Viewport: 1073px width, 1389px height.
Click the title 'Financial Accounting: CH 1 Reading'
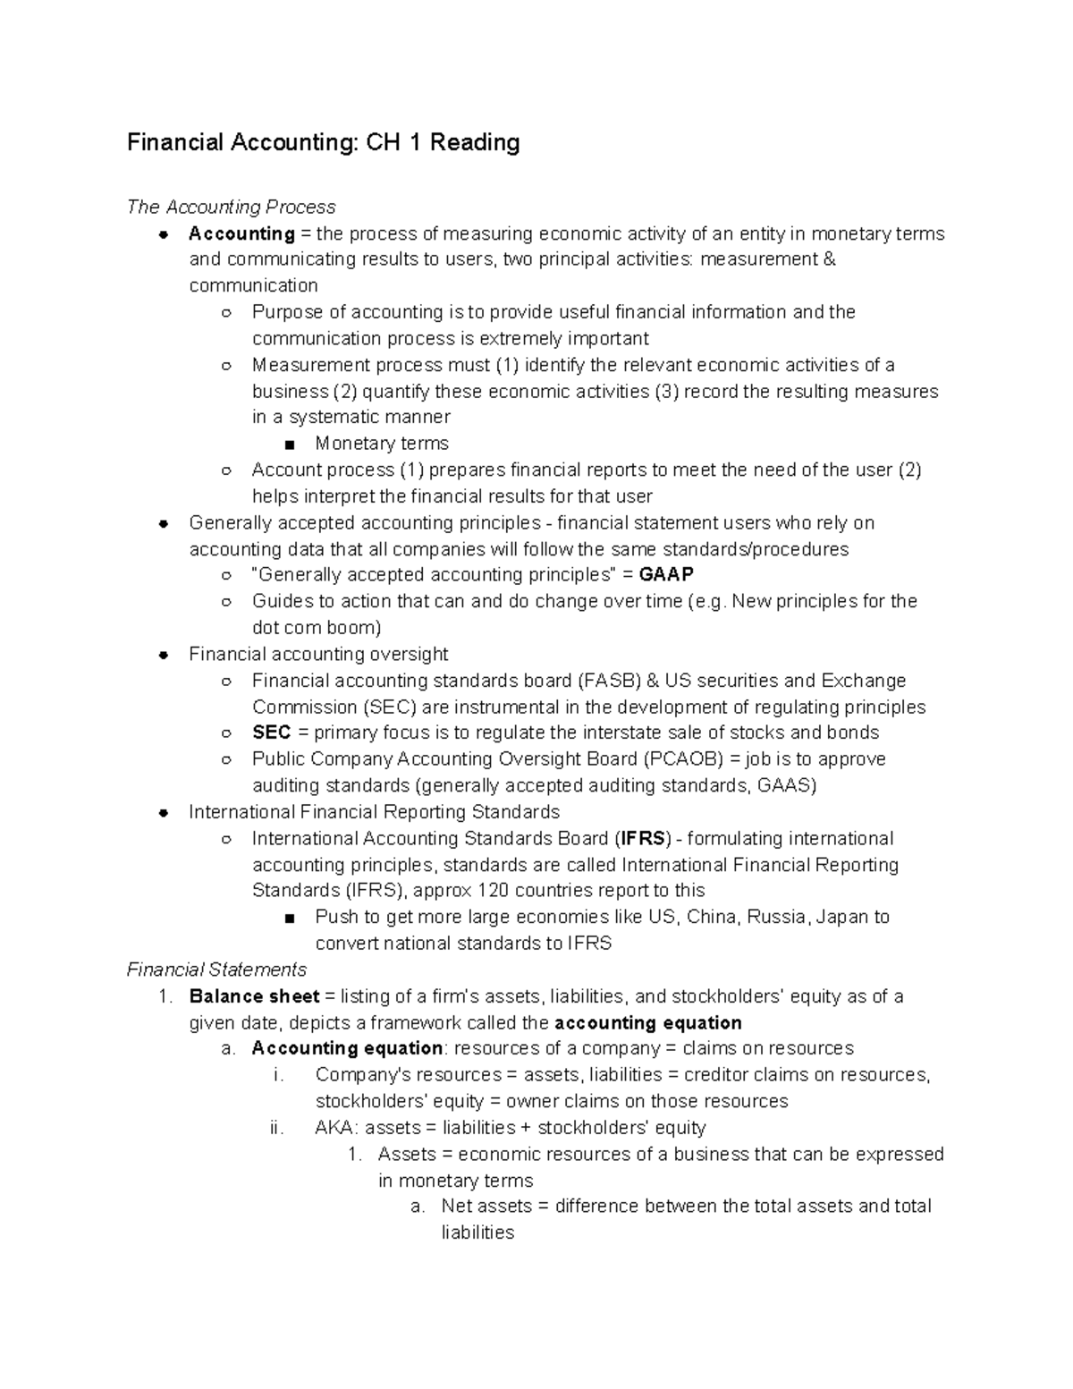pyautogui.click(x=323, y=143)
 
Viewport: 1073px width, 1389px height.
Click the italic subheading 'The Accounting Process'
pyautogui.click(x=231, y=208)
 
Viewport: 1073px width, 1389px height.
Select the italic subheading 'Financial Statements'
pyautogui.click(x=216, y=970)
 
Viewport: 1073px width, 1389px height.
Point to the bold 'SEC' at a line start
pyautogui.click(x=272, y=733)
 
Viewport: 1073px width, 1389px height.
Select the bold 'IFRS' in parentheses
pyautogui.click(x=643, y=839)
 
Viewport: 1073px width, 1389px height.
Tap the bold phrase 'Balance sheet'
pyautogui.click(x=254, y=996)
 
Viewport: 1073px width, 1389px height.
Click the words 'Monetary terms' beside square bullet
pyautogui.click(x=382, y=445)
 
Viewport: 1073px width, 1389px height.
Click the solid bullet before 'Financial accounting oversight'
pyautogui.click(x=164, y=655)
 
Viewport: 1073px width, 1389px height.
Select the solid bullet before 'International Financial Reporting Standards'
pyautogui.click(x=164, y=813)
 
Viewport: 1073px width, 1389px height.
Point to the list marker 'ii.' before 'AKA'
pyautogui.click(x=276, y=1129)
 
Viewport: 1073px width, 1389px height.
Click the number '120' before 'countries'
pyautogui.click(x=494, y=892)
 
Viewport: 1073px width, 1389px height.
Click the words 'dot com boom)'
pyautogui.click(x=317, y=628)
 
